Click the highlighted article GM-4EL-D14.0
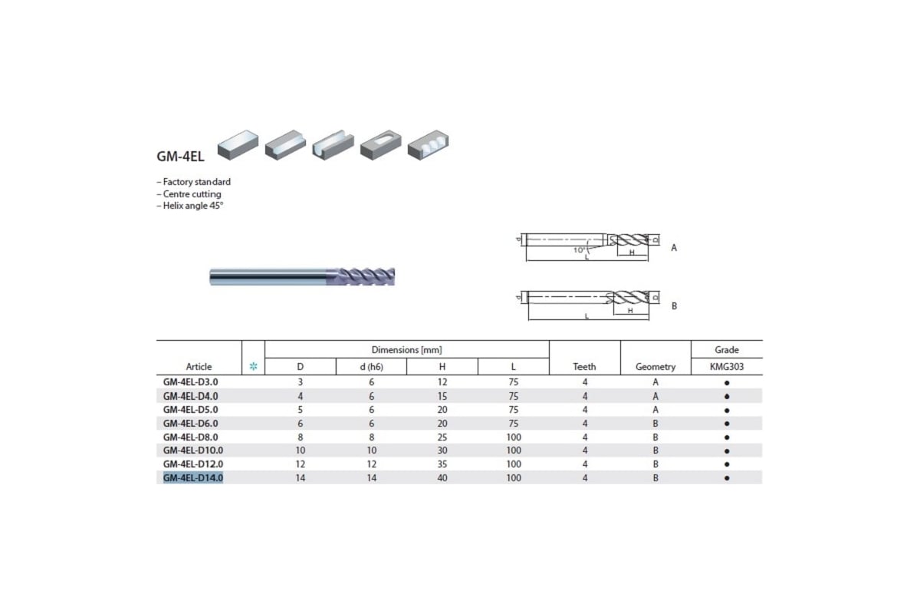193,478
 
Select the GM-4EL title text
180,157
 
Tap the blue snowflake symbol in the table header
254,366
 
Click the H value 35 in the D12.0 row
442,464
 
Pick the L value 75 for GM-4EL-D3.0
514,382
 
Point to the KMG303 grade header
727,366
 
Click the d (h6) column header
371,366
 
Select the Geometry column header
655,366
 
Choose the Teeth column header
584,366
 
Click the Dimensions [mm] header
406,350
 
